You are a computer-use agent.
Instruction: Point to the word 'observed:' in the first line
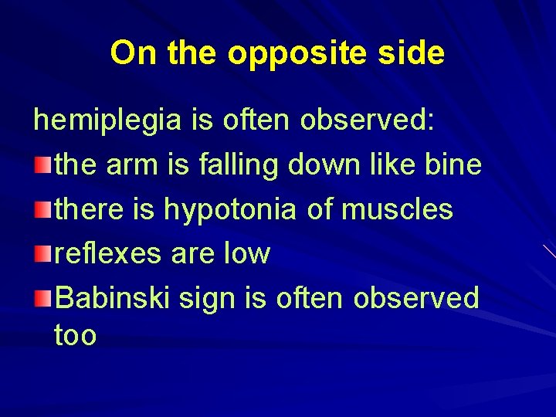[x=369, y=120]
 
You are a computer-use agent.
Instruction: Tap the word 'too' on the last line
[x=76, y=336]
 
